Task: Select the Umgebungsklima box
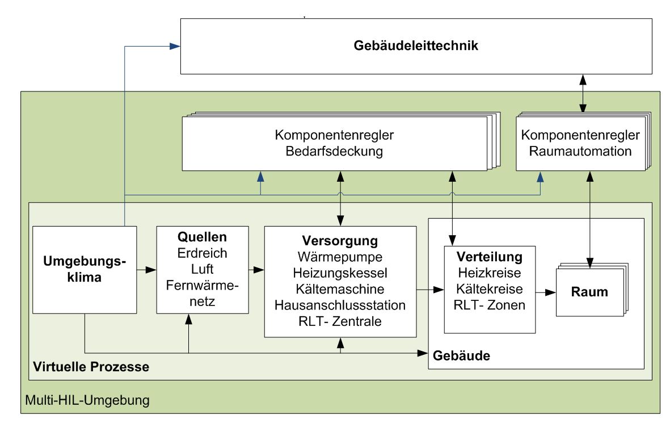pos(85,270)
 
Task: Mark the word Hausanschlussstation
pos(340,305)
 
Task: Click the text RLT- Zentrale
pos(340,321)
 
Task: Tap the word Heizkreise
pos(490,272)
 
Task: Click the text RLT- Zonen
pos(490,304)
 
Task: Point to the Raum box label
pos(589,293)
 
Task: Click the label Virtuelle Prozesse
pos(91,367)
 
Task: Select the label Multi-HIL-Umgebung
pos(87,401)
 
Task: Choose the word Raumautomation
pos(580,152)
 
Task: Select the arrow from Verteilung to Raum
pos(545,293)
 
